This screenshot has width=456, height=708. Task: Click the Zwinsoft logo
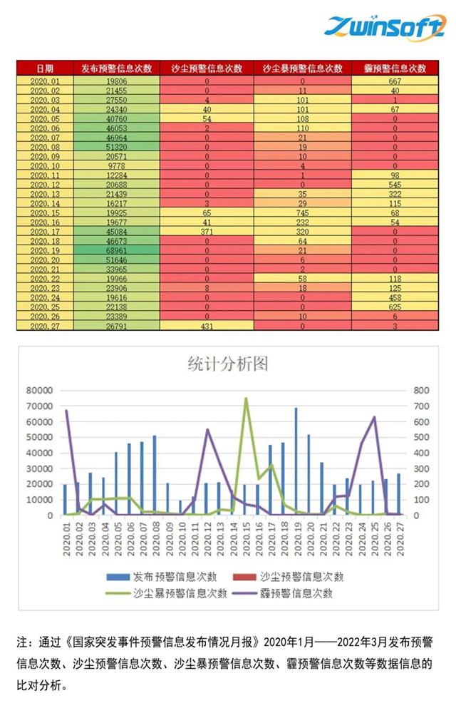384,27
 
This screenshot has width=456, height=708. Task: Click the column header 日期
45,68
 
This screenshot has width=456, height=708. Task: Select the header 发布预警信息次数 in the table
117,68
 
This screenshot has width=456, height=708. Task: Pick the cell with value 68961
117,251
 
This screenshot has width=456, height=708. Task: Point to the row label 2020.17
45,232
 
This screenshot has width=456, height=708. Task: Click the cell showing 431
207,326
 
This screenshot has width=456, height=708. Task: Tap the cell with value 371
207,232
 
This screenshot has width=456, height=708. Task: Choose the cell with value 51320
117,147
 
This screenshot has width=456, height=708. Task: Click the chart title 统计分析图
227,364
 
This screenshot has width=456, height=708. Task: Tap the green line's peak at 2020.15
246,399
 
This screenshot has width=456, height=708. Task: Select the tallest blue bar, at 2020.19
296,460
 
